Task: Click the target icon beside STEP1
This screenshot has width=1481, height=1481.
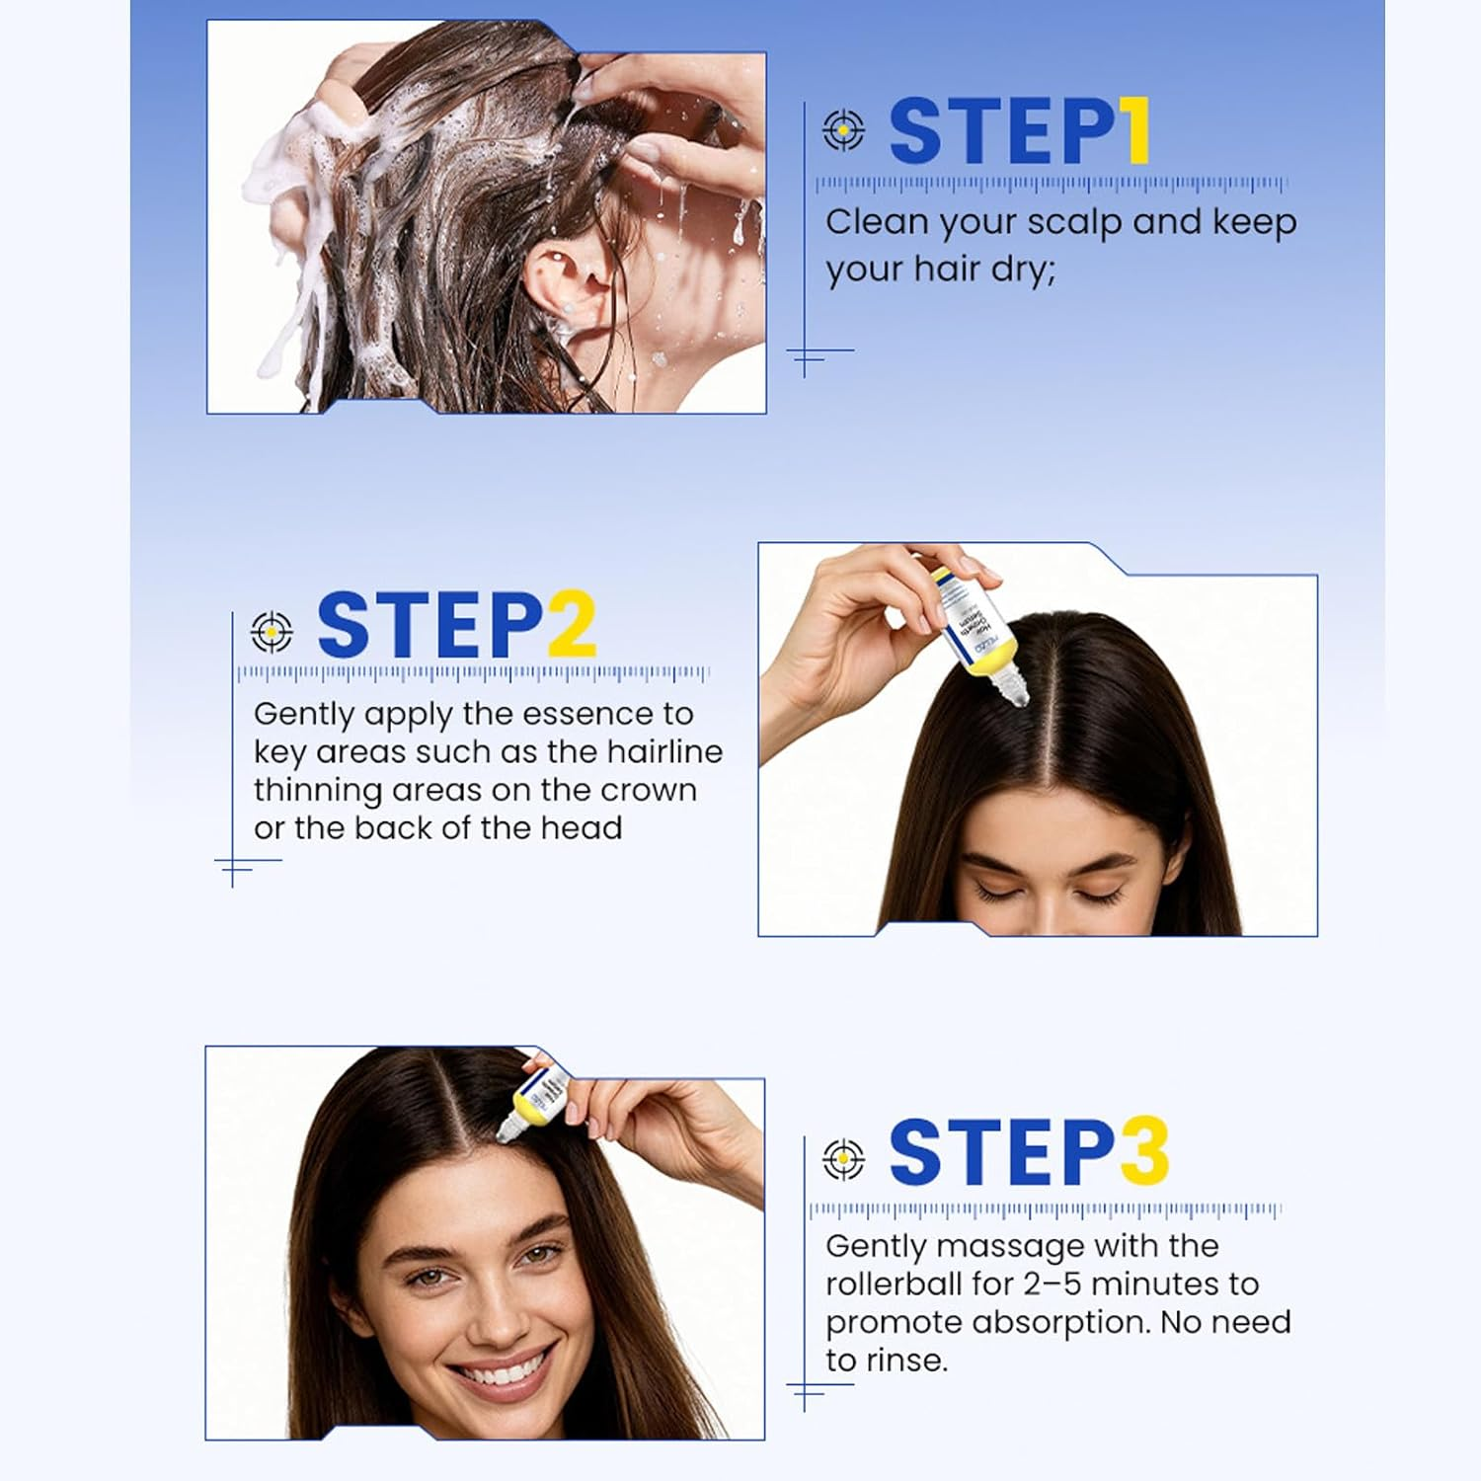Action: click(x=843, y=129)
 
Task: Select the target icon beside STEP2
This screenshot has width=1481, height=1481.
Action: click(x=272, y=631)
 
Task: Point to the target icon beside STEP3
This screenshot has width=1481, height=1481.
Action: click(x=843, y=1159)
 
